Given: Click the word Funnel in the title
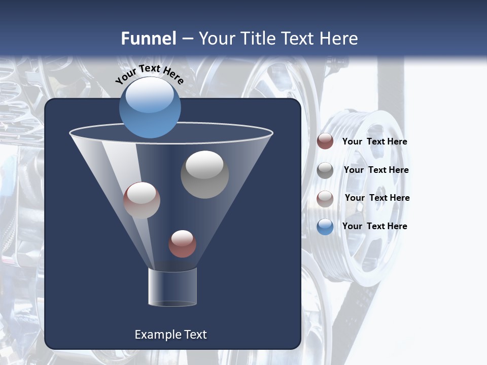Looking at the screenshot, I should tap(148, 39).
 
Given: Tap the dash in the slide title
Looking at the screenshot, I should tap(187, 39).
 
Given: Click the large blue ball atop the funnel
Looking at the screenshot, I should tap(150, 107).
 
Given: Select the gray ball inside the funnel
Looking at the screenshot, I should tap(204, 174).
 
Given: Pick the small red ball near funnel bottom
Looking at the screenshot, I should tap(182, 244).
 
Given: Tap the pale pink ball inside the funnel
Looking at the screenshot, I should tap(142, 200).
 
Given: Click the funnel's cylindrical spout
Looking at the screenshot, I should tap(172, 287).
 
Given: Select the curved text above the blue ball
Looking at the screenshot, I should tap(149, 74).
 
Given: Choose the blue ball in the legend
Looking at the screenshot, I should tap(325, 227).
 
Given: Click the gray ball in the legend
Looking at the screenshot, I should tap(325, 170).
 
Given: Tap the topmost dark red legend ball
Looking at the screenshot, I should tap(325, 141).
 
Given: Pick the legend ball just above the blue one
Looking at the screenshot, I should tap(325, 199).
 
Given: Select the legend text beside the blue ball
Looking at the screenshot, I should tap(374, 226).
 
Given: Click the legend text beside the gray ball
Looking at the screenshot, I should tap(376, 170).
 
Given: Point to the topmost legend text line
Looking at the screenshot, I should tap(374, 141).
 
